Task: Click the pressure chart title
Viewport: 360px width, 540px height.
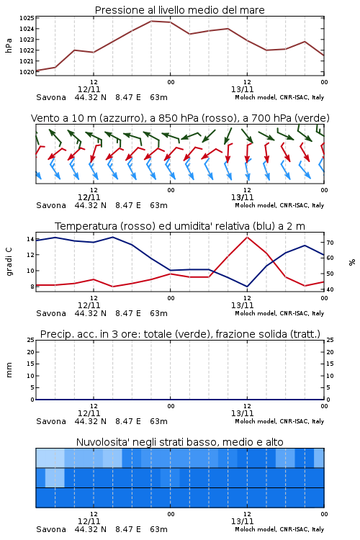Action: (180, 10)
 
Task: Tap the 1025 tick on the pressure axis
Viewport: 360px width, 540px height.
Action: (27, 18)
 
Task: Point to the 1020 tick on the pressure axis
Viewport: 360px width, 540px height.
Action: (27, 71)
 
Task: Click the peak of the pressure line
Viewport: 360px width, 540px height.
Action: (151, 21)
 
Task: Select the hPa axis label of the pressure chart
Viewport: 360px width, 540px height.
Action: (9, 45)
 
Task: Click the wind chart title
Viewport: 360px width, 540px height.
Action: (180, 118)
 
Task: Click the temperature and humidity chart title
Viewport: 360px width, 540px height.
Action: (180, 226)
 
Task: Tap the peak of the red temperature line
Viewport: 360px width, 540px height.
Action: (247, 237)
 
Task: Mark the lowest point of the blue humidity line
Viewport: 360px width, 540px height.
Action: (247, 287)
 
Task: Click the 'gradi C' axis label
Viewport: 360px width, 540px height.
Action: (9, 261)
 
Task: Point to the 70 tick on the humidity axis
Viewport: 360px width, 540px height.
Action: (330, 243)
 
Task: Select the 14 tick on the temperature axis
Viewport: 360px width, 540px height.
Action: (30, 239)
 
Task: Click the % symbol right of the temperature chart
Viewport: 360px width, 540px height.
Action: (352, 262)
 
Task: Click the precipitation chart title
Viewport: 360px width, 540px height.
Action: (180, 334)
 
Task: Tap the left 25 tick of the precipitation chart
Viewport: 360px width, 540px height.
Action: (31, 340)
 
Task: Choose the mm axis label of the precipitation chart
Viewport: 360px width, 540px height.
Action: (9, 369)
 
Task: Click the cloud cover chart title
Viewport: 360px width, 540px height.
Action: (180, 442)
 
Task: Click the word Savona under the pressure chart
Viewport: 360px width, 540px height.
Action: (51, 97)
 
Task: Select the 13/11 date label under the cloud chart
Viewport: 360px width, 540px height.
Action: (242, 521)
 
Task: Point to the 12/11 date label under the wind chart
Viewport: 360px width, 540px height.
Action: (89, 197)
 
